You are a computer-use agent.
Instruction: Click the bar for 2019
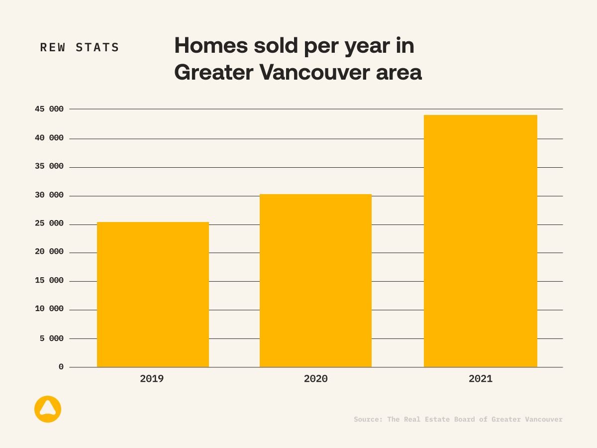153,295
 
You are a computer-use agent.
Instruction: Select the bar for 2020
315,281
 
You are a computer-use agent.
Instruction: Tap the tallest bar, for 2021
480,241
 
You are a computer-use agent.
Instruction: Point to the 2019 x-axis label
152,379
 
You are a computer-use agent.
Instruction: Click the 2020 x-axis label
315,379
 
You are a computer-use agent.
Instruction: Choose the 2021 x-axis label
480,379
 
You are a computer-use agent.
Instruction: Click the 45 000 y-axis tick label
49,109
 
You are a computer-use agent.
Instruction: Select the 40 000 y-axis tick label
49,138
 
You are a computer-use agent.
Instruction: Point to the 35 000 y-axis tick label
49,166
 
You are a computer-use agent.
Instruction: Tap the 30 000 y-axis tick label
49,195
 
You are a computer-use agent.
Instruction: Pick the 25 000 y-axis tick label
49,224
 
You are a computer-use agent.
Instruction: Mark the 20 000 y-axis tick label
49,252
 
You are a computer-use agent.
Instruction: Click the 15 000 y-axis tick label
49,281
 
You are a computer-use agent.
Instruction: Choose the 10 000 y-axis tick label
49,309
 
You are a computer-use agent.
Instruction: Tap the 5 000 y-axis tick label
52,338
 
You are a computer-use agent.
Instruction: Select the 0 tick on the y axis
61,367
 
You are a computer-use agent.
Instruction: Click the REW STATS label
80,48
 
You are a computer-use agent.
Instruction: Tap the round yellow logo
48,409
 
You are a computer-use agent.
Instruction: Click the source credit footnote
458,420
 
